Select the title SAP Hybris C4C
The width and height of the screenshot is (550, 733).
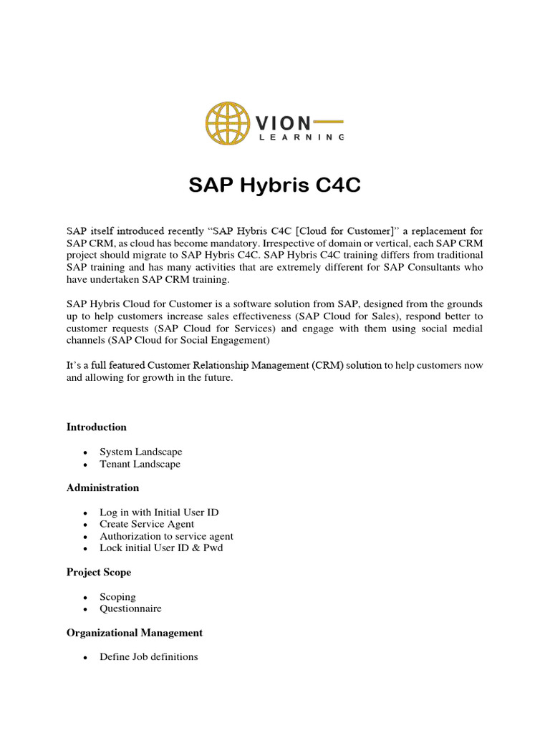coord(274,187)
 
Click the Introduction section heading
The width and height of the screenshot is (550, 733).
coord(97,427)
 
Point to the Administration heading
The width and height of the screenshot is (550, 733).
coord(103,488)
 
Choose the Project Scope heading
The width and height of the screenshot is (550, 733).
coord(99,573)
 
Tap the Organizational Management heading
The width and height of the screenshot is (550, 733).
coord(135,633)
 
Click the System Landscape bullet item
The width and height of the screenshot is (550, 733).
coord(141,452)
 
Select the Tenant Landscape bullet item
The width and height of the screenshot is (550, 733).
coord(140,464)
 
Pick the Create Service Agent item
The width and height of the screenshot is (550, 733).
coord(147,524)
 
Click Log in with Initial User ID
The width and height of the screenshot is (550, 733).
coord(159,513)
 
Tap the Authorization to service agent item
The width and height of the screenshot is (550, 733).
coord(166,536)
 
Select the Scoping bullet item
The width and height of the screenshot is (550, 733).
coord(117,597)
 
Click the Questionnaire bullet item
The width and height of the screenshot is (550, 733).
coord(130,608)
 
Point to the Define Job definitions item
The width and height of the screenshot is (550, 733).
coord(149,656)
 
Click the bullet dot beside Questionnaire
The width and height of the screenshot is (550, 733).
coord(85,609)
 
